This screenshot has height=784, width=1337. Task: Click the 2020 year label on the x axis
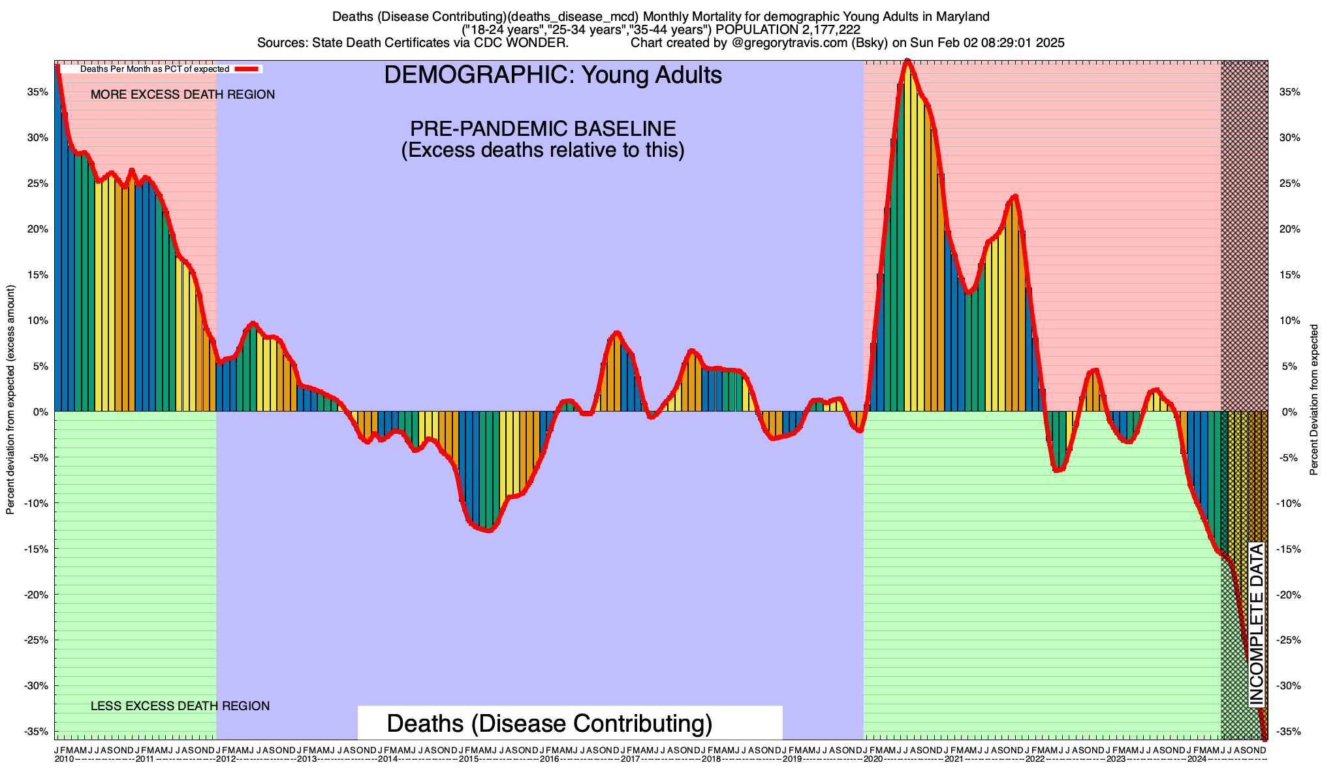[x=871, y=759]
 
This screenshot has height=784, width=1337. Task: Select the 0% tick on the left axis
[x=42, y=412]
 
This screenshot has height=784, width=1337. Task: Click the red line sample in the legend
[x=247, y=69]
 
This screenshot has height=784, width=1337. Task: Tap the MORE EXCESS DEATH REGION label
[x=183, y=95]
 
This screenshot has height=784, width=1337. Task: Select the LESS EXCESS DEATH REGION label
[x=180, y=706]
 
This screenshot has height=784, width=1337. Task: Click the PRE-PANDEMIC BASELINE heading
[x=543, y=128]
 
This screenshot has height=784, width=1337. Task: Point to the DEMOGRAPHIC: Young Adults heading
[x=553, y=75]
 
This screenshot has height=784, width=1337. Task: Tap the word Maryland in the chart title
[x=962, y=16]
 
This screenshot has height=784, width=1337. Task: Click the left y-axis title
[x=10, y=400]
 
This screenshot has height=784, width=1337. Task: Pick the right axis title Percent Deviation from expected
[x=1314, y=400]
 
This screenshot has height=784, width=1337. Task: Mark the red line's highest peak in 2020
[x=907, y=61]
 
